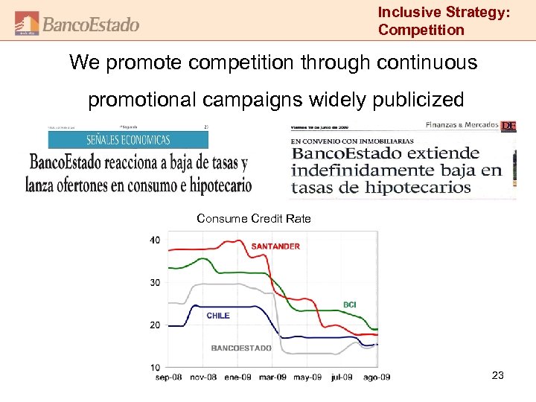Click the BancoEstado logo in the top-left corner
tap(77, 24)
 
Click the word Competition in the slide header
tap(421, 30)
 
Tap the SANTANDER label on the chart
tap(275, 246)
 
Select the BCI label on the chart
tap(349, 304)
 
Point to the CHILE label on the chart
tap(218, 316)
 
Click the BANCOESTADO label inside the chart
tap(241, 348)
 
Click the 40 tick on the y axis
tap(154, 240)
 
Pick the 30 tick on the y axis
tap(154, 282)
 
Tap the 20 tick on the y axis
tap(154, 325)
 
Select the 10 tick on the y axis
tap(154, 367)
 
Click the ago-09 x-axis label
tap(377, 377)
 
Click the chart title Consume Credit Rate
tap(253, 218)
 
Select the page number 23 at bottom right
tap(498, 375)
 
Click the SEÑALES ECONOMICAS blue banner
tap(128, 139)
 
